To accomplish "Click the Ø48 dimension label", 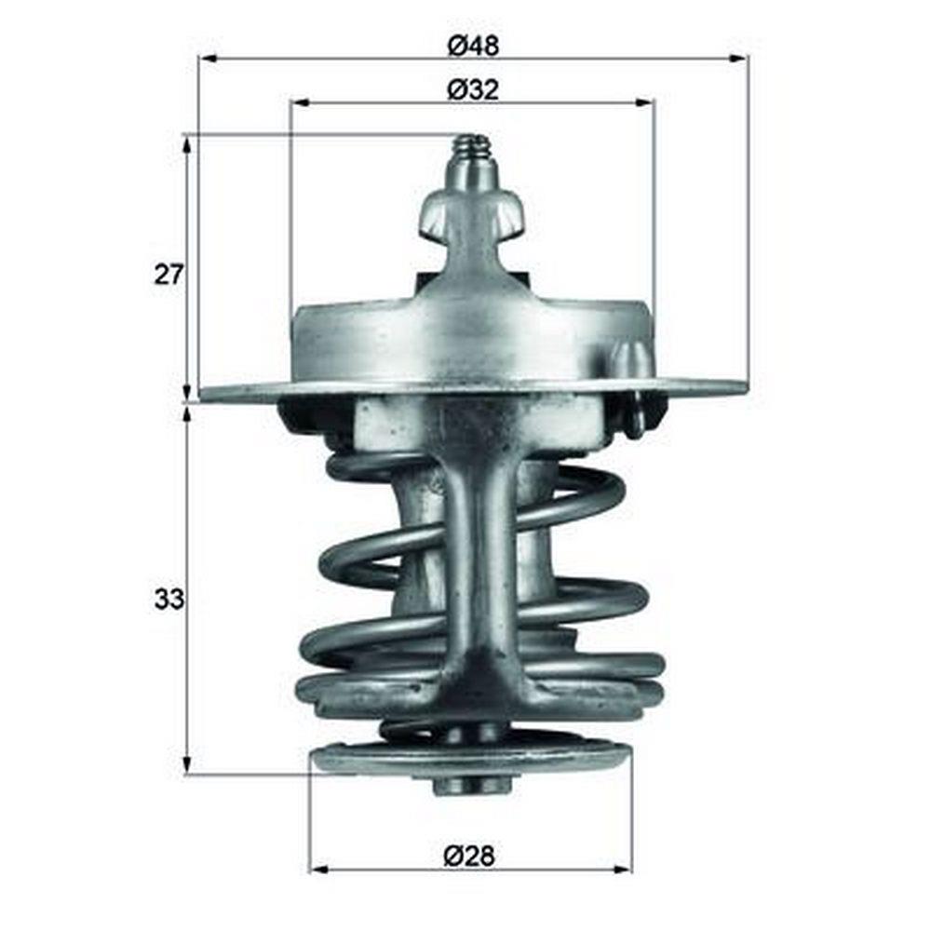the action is click(473, 46).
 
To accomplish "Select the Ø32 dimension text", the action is click(473, 90).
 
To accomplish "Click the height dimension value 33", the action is click(169, 600).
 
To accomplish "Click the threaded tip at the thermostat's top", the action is click(471, 151).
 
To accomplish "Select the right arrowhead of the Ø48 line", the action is click(736, 58).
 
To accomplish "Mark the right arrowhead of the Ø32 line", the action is click(644, 102).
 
